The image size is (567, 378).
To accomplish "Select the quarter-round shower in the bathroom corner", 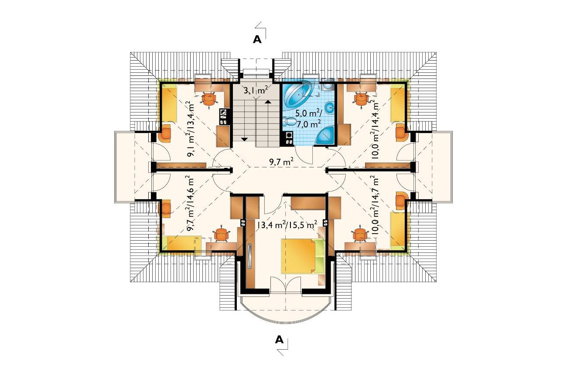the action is pos(325,135).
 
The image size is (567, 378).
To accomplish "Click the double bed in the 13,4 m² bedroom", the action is pos(303,256).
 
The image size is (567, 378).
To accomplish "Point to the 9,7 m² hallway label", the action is pos(281,162).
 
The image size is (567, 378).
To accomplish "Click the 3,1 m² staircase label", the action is pos(256,90).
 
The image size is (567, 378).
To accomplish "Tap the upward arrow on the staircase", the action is pos(267,102).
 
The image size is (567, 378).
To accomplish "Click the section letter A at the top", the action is pos(257,40).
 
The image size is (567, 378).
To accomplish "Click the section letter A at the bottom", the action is pos(279,340).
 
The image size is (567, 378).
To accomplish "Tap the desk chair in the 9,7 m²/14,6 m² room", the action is pos(222,235).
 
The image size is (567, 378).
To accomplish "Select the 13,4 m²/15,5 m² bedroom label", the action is pos(287,225).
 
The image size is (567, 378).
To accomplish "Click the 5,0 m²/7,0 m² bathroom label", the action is pos(308,119).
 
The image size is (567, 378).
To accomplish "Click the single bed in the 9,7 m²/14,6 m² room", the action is pos(182,243).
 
